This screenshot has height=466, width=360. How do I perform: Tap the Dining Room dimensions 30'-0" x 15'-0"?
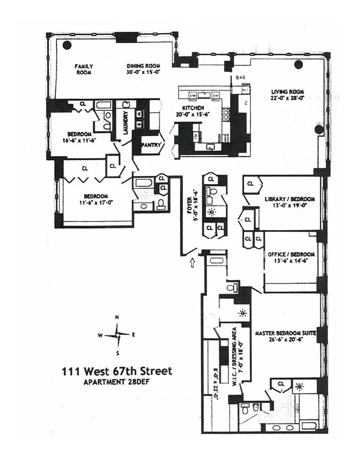144,73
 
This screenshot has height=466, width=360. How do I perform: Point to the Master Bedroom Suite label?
285,333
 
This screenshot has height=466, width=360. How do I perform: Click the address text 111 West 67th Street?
117,371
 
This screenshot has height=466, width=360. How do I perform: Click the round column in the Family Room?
68,45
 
